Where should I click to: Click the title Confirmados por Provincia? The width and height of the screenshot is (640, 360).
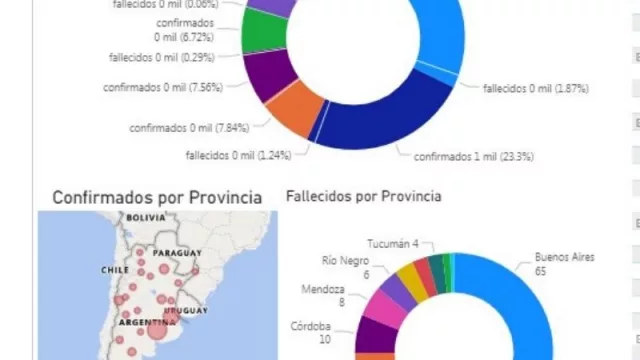point(157,197)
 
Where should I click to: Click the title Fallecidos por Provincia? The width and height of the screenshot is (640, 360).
point(363,196)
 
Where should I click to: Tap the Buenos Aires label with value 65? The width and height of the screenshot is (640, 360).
point(564,264)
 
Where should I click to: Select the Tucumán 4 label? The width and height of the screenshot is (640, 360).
point(392,244)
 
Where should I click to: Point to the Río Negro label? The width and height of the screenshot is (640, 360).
point(345,266)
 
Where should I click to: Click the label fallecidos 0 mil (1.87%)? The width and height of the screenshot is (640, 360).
point(535,88)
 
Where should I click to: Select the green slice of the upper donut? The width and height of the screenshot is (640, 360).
point(264,34)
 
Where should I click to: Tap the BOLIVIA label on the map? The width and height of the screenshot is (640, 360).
point(145,217)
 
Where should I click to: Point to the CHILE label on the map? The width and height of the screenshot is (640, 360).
point(114,270)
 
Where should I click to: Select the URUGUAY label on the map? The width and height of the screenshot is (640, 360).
point(188,312)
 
